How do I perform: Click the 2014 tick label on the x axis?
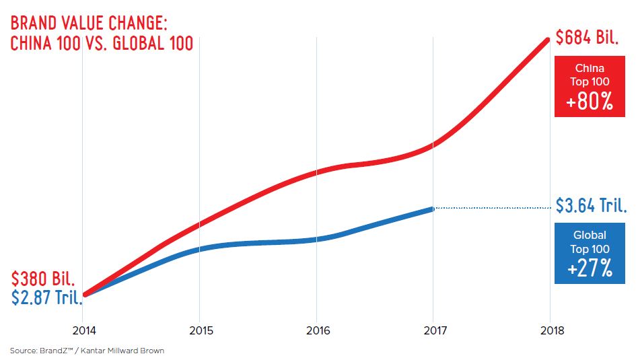pyautogui.click(x=82, y=330)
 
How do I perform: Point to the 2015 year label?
pyautogui.click(x=199, y=330)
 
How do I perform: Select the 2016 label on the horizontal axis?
pyautogui.click(x=316, y=330)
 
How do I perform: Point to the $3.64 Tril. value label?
pyautogui.click(x=592, y=205)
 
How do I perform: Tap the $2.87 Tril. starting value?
pyautogui.click(x=46, y=297)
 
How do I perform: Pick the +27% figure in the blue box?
pyautogui.click(x=590, y=269)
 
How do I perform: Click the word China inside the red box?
pyautogui.click(x=590, y=68)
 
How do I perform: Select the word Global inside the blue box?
pyautogui.click(x=590, y=236)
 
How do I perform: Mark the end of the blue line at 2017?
pyautogui.click(x=432, y=209)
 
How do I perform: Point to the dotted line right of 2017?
pyautogui.click(x=491, y=208)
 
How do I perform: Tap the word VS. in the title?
pyautogui.click(x=104, y=43)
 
